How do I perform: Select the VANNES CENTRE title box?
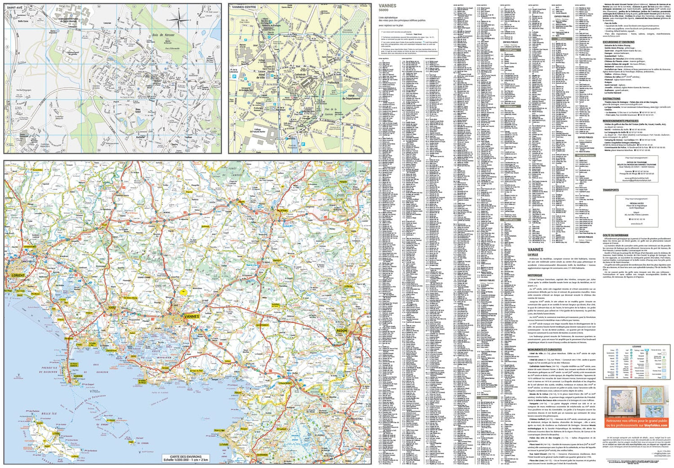click(x=244, y=7)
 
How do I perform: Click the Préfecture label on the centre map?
click(x=333, y=83)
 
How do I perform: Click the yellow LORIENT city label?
click(x=18, y=275)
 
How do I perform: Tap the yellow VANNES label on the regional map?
click(x=192, y=316)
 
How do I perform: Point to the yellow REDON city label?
click(x=341, y=331)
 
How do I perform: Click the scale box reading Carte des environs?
click(x=186, y=458)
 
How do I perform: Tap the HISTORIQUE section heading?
click(x=535, y=275)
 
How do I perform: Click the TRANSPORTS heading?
click(x=611, y=190)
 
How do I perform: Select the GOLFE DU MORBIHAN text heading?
click(x=615, y=235)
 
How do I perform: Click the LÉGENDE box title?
click(x=636, y=347)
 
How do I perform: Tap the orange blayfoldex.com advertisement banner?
click(x=637, y=423)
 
